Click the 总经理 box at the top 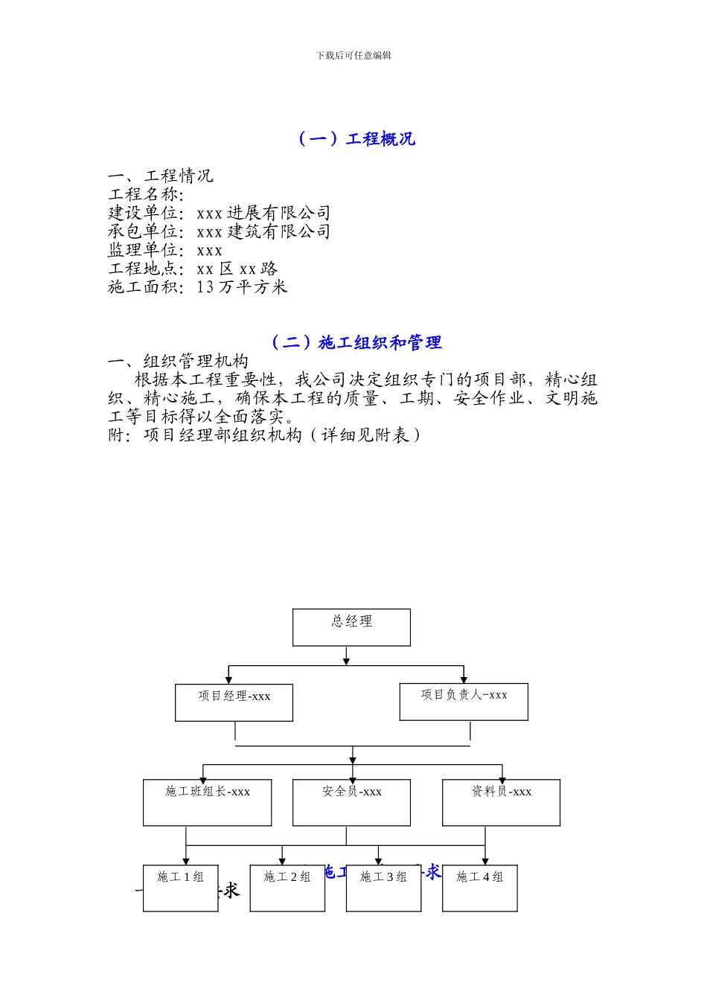pyautogui.click(x=351, y=627)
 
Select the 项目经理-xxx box pyautogui.click(x=234, y=702)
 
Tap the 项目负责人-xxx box pyautogui.click(x=464, y=702)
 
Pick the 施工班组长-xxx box pyautogui.click(x=207, y=802)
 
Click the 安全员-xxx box pyautogui.click(x=351, y=802)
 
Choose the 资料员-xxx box pyautogui.click(x=501, y=802)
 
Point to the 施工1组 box pyautogui.click(x=180, y=888)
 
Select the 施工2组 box pyautogui.click(x=287, y=888)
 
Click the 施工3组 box pyautogui.click(x=383, y=888)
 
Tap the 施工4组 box pyautogui.click(x=479, y=888)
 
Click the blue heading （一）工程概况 pyautogui.click(x=356, y=139)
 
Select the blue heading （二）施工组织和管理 pyautogui.click(x=356, y=342)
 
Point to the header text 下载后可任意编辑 pyautogui.click(x=353, y=55)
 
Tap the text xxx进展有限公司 pyautogui.click(x=263, y=213)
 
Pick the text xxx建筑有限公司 pyautogui.click(x=263, y=231)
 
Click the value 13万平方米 pyautogui.click(x=242, y=287)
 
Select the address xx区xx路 pyautogui.click(x=237, y=269)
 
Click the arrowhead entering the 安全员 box pyautogui.click(x=352, y=775)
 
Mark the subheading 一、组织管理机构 pyautogui.click(x=179, y=362)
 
